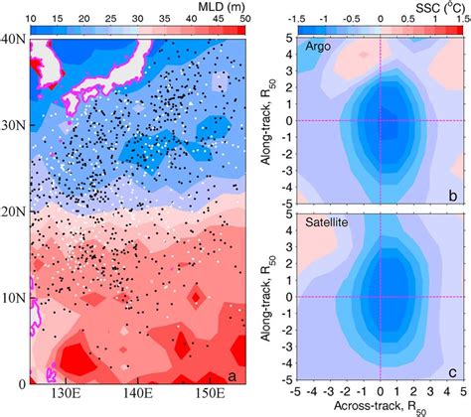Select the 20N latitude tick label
click(x=14, y=211)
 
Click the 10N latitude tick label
click(x=14, y=297)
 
